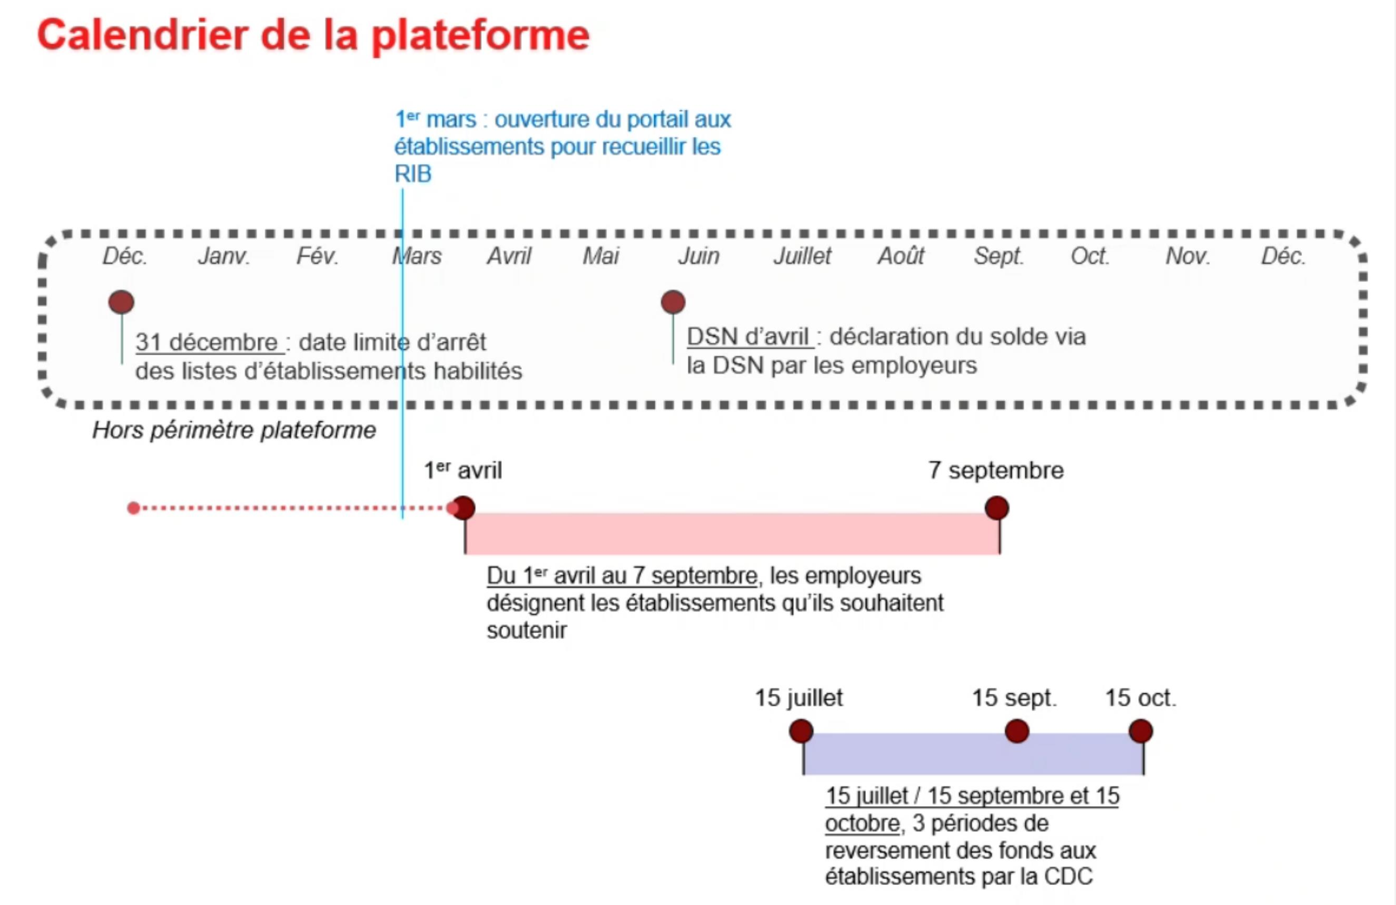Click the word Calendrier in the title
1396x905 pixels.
tap(142, 35)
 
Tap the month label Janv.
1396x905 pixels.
tap(224, 256)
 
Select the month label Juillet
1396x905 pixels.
tap(802, 256)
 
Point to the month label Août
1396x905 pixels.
tap(900, 256)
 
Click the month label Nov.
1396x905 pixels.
tap(1188, 256)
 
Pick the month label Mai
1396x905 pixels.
tap(601, 256)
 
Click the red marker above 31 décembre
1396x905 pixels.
tap(121, 302)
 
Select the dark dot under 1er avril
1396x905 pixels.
tap(464, 508)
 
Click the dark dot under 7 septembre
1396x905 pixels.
tap(996, 508)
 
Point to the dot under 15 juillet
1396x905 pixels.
tap(801, 731)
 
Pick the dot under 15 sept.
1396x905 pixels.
tap(1016, 731)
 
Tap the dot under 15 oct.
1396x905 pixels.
tap(1141, 731)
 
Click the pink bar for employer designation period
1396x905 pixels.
tap(732, 534)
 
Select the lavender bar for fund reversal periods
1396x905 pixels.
tap(973, 754)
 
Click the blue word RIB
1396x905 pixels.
tap(413, 174)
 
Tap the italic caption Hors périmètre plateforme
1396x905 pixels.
tap(234, 430)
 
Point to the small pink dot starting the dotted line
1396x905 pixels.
tap(133, 508)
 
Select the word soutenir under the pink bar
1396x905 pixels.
tap(527, 630)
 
